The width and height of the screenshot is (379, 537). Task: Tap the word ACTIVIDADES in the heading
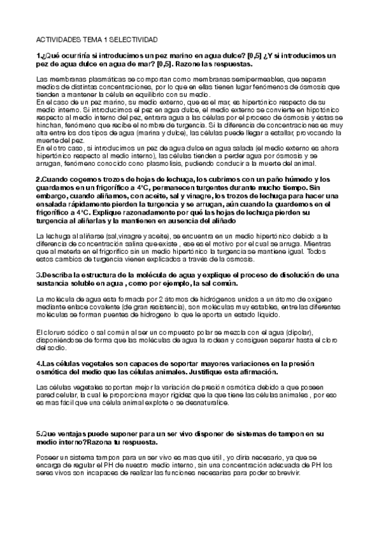tap(59, 39)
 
